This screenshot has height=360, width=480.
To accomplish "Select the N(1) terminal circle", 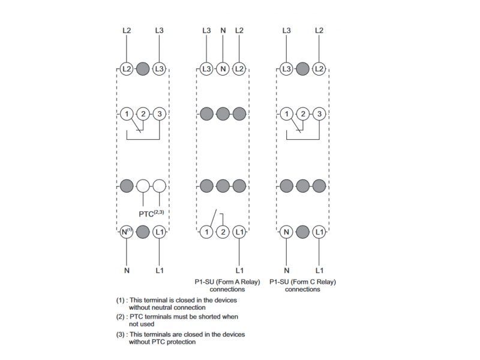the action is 127,232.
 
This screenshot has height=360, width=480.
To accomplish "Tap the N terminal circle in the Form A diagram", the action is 223,68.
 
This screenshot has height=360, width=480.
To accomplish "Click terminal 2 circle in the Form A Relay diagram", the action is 223,232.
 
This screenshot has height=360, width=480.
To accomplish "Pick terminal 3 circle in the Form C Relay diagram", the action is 319,114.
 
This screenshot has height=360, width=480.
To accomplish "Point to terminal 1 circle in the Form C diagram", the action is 287,114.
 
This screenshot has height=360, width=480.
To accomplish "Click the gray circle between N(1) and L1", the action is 143,232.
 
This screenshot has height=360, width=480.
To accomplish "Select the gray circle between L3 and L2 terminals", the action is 303,68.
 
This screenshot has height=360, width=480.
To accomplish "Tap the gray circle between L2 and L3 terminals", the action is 143,68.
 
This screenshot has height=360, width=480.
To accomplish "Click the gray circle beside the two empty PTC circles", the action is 127,186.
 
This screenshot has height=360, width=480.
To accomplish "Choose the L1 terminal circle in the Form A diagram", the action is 239,232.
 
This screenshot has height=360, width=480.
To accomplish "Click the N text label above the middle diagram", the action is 223,31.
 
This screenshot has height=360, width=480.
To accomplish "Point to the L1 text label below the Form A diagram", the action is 239,271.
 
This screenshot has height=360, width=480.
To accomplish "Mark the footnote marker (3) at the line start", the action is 121,334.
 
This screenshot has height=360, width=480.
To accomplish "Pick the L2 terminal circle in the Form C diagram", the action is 319,68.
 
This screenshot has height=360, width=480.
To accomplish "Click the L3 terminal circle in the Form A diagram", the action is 206,68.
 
